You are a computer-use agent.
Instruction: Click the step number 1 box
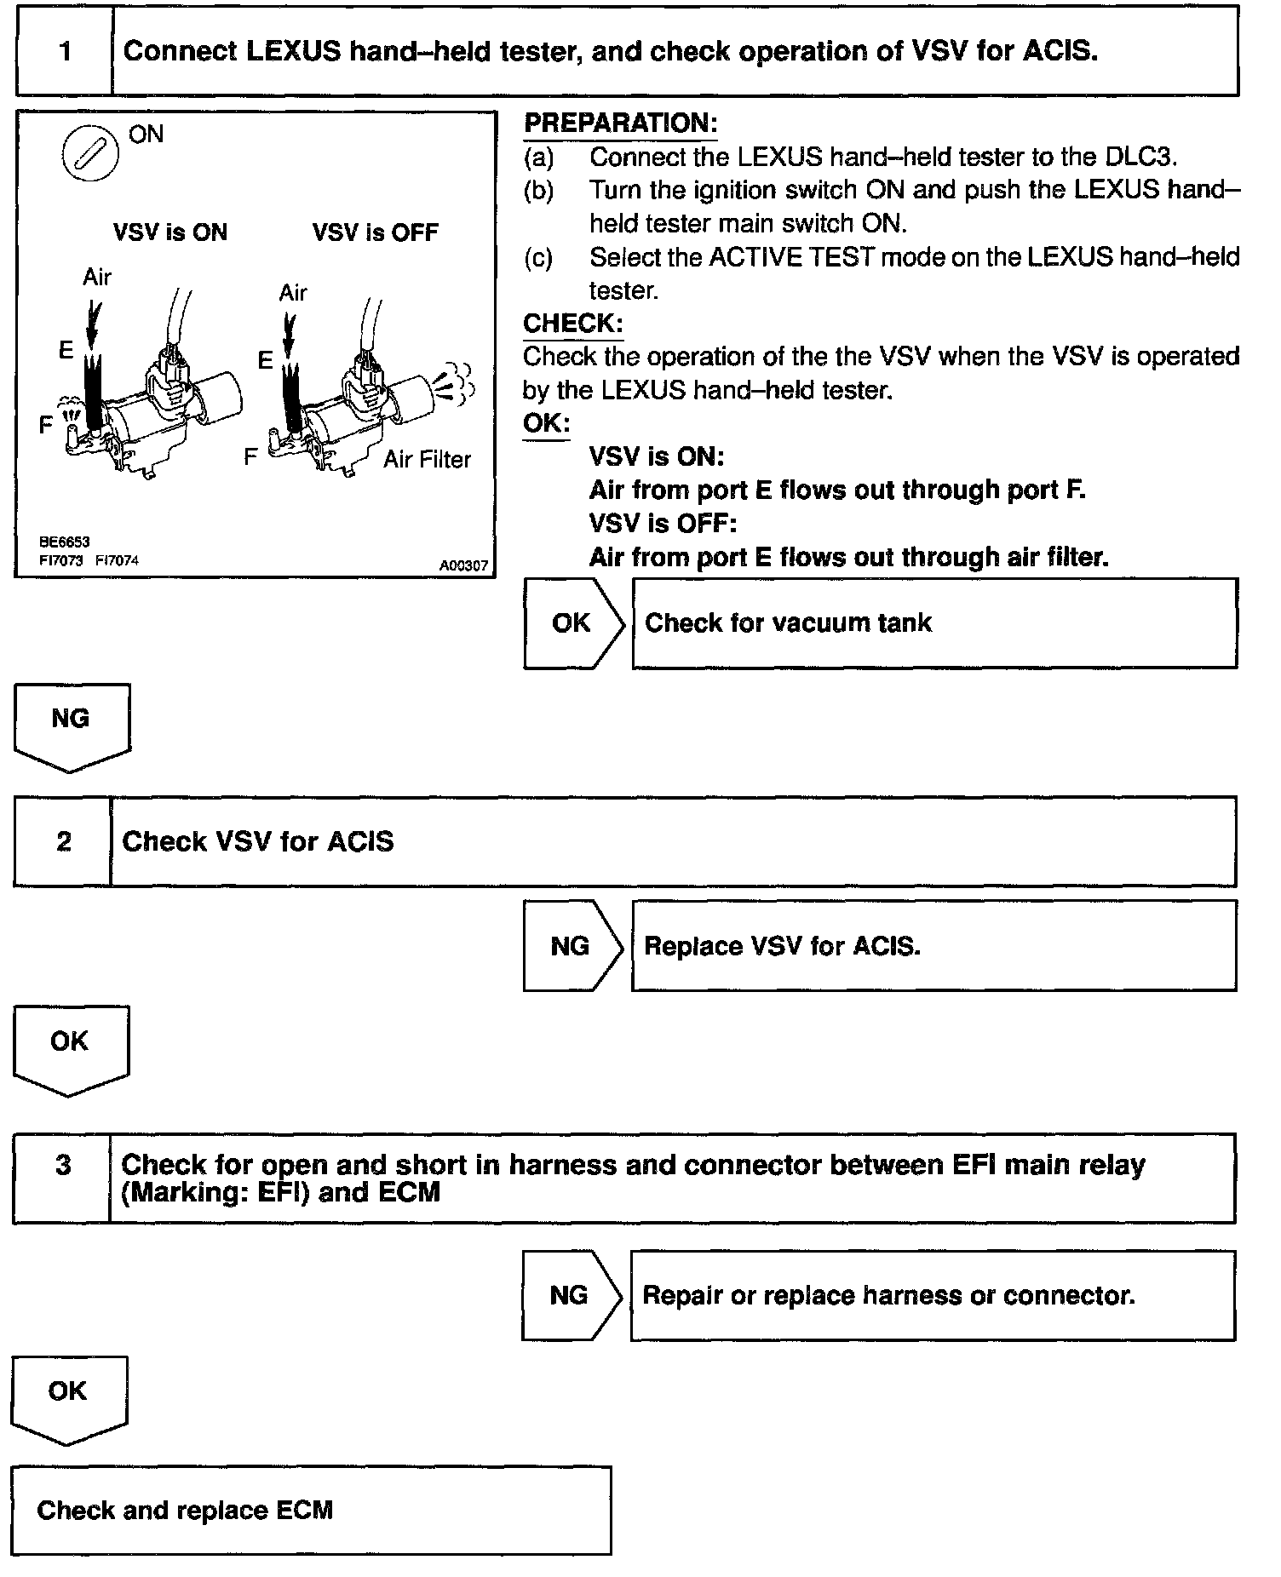point(65,52)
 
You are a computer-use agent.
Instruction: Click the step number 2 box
point(63,841)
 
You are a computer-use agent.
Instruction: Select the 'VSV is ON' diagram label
point(170,232)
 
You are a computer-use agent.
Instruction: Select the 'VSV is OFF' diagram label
point(375,232)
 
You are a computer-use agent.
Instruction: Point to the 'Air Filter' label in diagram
point(427,460)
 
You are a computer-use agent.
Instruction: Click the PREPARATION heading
point(620,123)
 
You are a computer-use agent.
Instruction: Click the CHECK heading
point(572,324)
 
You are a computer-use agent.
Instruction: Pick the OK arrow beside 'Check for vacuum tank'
point(572,623)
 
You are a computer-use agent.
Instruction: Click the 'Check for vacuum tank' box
point(933,623)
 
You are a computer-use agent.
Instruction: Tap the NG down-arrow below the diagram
point(71,725)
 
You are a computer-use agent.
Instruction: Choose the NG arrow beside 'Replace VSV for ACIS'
point(571,946)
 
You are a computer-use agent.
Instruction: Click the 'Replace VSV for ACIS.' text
point(782,946)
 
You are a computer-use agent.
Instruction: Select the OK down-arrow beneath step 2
point(70,1047)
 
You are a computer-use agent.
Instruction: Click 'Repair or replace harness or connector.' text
point(888,1295)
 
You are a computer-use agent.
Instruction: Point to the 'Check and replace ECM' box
point(311,1510)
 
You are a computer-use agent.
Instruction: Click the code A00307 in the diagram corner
point(463,565)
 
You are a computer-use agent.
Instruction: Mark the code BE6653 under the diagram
point(64,542)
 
